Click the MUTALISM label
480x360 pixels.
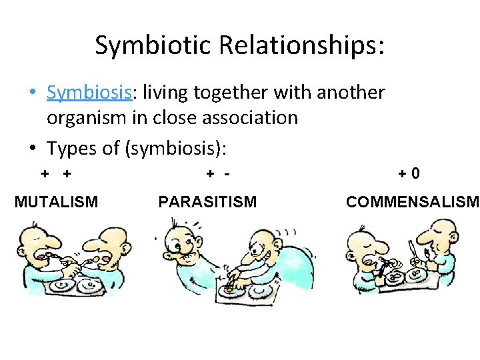pos(56,201)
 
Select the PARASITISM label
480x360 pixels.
pos(207,201)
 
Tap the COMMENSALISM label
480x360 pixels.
pos(412,201)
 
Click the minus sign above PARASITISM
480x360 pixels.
pos(227,174)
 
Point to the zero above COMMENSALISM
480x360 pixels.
pos(415,174)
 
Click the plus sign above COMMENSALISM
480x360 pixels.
pos(403,174)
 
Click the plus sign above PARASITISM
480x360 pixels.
pos(210,174)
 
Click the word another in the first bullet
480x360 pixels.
pos(351,92)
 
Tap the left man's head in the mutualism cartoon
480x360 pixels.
pos(33,243)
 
